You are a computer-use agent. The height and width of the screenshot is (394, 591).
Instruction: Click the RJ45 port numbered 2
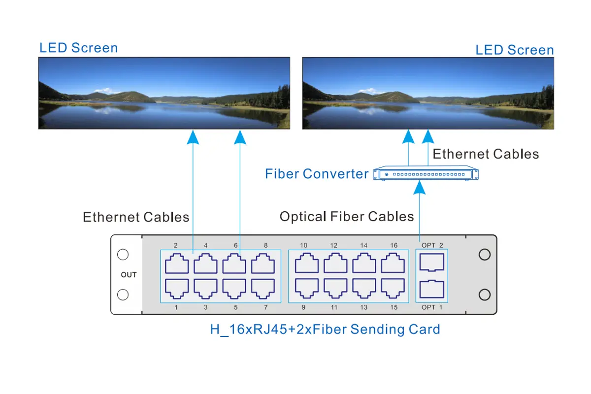point(176,264)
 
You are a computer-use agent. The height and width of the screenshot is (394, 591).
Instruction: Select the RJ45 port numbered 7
point(263,289)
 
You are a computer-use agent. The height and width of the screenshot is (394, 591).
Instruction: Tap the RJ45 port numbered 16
point(393,264)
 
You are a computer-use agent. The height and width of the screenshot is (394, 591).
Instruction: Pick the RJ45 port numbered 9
point(306,289)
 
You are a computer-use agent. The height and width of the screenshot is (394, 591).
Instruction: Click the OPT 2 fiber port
point(432,263)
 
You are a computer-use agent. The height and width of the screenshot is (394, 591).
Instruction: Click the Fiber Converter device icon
point(426,174)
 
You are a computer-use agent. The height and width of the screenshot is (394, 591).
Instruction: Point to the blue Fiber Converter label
point(316,174)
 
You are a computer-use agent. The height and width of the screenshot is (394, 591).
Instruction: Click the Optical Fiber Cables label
point(347,217)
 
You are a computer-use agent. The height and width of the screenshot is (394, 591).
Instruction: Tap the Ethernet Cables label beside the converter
point(486,154)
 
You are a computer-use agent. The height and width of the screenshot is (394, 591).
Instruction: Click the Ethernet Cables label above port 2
point(136,217)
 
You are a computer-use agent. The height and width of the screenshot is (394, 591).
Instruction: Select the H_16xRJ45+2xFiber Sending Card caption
point(325,329)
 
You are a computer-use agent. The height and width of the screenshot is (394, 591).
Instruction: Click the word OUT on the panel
point(129,275)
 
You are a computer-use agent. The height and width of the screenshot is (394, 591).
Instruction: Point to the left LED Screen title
point(79,48)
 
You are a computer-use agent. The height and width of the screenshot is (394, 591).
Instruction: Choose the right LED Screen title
point(515,50)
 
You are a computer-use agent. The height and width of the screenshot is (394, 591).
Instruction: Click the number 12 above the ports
point(334,245)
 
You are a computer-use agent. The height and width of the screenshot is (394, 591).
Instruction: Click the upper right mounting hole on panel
point(485,255)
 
